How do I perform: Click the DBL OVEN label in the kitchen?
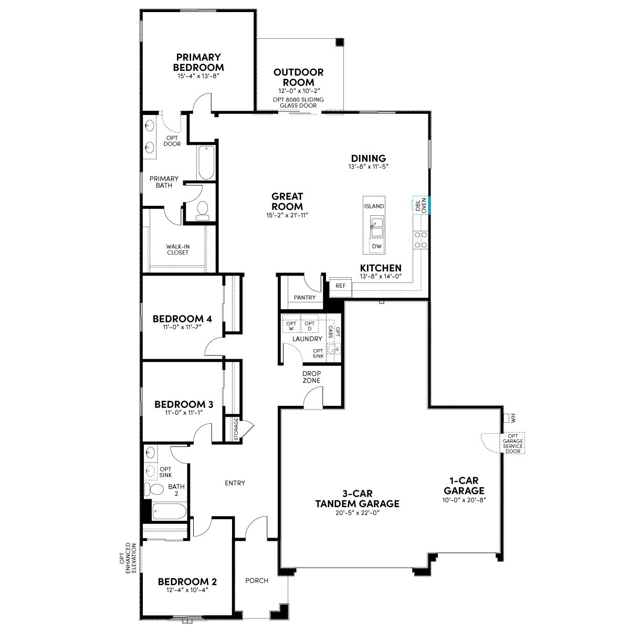[x=421, y=205]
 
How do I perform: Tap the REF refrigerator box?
[x=340, y=286]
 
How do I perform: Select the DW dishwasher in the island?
[x=376, y=246]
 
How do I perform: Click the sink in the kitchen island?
[x=376, y=226]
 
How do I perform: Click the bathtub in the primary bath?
[x=206, y=162]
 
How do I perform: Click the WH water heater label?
[x=512, y=418]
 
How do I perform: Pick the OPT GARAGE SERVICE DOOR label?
[x=512, y=443]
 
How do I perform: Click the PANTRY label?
[x=304, y=298]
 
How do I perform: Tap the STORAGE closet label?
[x=236, y=429]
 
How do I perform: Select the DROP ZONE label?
[x=311, y=377]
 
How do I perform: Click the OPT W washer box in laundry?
[x=291, y=325]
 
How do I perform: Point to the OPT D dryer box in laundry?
[x=309, y=325]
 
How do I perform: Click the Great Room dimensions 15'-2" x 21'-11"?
[x=287, y=215]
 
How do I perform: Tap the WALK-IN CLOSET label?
[x=178, y=249]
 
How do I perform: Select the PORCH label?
[x=257, y=581]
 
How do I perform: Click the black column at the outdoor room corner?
[x=340, y=42]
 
